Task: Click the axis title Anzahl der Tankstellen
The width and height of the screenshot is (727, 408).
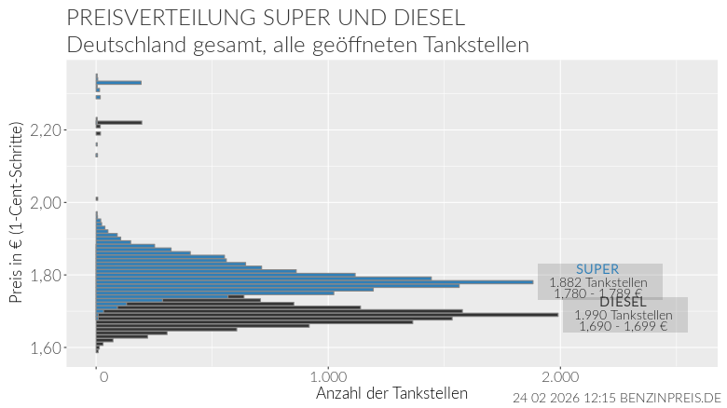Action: coord(392,393)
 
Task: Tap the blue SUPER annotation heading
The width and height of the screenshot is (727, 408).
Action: coord(597,269)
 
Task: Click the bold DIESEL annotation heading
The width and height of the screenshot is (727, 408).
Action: coord(623,302)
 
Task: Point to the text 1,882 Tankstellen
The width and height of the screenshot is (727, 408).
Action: coord(597,282)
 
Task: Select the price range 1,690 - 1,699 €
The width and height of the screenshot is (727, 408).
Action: coord(623,326)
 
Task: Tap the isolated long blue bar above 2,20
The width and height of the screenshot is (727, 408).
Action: coord(119,83)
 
